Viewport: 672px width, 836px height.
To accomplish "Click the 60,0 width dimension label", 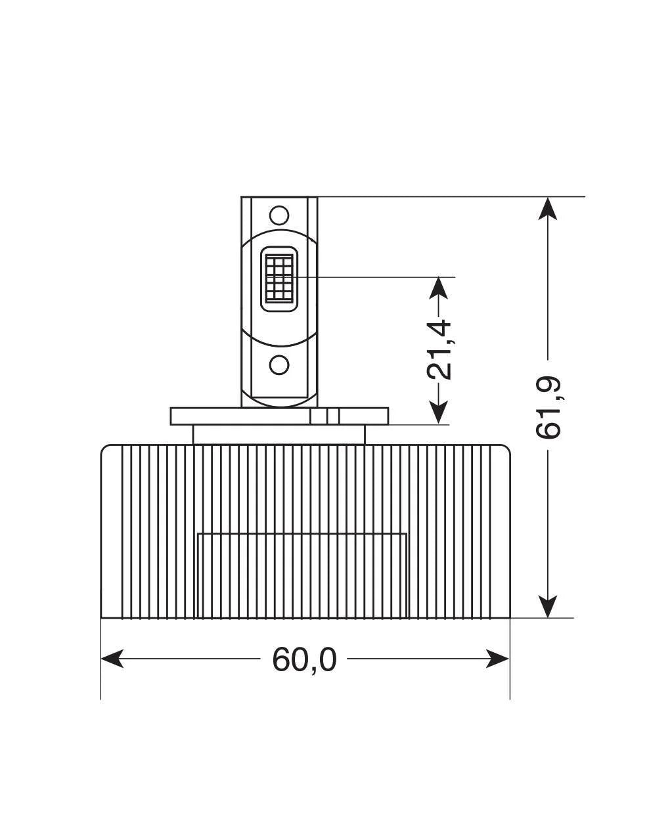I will point(304,659).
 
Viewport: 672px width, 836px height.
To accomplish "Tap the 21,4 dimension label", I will point(439,349).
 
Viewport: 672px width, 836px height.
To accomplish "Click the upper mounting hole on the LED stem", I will point(279,215).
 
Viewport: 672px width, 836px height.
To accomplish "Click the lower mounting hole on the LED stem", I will point(279,364).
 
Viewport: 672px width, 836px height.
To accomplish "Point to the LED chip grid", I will point(279,278).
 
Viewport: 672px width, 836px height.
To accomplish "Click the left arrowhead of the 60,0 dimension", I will point(112,659).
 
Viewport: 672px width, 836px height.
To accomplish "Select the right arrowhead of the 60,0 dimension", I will point(499,659).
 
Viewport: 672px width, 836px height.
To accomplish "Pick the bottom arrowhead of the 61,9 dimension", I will point(548,606).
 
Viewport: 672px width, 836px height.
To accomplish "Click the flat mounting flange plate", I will point(236,416).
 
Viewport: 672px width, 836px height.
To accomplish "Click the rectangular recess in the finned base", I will point(302,575).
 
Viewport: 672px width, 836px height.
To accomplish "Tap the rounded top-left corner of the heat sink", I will point(105,450).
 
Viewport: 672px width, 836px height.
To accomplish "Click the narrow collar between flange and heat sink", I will point(279,435).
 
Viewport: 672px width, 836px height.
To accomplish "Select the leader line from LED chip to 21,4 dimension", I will point(374,277).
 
